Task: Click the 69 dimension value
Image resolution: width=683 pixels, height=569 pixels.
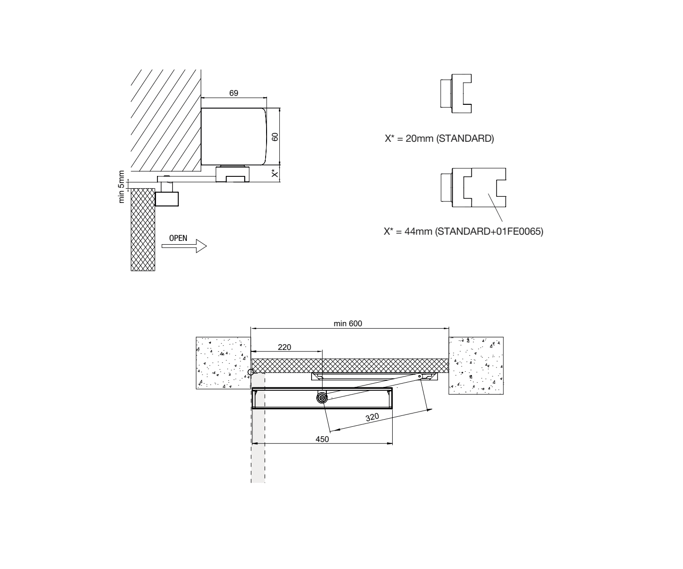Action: [233, 93]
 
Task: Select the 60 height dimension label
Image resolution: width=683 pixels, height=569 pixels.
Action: [275, 137]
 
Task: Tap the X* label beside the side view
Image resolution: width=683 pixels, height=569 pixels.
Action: [275, 173]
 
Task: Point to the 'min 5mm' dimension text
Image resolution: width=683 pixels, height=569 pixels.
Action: [121, 187]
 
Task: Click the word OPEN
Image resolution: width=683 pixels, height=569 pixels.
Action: [178, 239]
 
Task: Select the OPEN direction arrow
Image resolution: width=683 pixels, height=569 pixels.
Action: [184, 246]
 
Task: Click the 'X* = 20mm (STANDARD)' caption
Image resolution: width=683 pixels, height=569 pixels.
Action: [439, 138]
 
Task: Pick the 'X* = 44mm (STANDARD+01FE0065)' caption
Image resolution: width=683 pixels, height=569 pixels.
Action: [463, 231]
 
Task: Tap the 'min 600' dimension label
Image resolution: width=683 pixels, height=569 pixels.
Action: [348, 323]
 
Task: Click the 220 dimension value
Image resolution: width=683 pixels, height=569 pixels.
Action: [284, 347]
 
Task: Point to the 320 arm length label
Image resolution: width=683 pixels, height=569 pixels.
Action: [372, 418]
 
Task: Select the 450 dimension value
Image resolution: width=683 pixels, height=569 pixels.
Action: [322, 439]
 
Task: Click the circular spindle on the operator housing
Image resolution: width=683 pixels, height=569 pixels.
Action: [322, 398]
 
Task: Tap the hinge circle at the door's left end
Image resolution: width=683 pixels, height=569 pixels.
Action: [251, 372]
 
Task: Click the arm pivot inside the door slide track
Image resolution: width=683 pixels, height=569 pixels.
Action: [420, 376]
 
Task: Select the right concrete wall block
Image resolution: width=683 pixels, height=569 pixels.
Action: [476, 366]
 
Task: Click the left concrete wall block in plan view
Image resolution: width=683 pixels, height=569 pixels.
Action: [223, 363]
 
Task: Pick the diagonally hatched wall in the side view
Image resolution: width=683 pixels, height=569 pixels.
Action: [166, 120]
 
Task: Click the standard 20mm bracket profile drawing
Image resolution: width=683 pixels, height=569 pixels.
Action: [456, 94]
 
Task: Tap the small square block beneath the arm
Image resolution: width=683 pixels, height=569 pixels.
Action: [167, 199]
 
